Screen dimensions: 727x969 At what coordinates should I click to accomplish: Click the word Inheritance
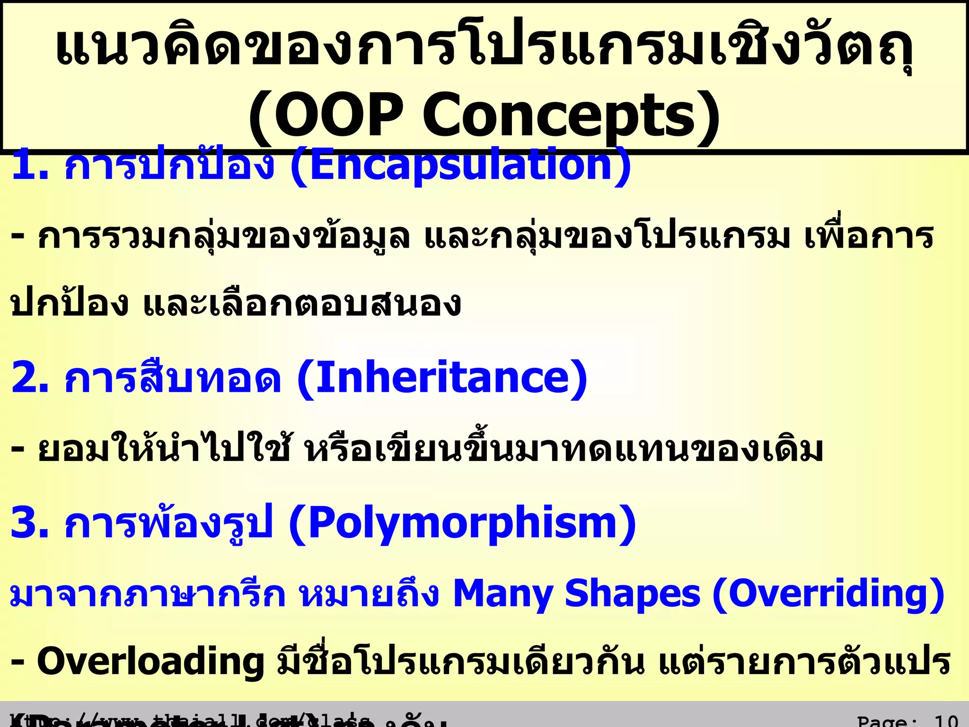click(442, 378)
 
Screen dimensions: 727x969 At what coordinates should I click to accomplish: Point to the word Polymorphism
click(462, 523)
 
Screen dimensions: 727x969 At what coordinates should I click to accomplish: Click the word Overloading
click(150, 662)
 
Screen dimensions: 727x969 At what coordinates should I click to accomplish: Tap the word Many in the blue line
click(503, 594)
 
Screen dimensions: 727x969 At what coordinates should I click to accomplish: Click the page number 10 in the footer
click(946, 721)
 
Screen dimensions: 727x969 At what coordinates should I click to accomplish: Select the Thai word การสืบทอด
click(173, 378)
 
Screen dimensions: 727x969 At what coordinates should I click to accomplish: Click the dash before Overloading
click(18, 662)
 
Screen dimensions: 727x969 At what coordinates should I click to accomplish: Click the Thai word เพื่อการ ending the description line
click(869, 237)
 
